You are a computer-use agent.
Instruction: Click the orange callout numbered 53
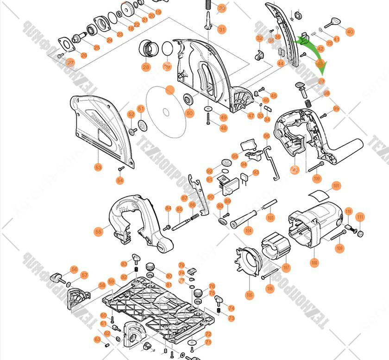coord(98,166)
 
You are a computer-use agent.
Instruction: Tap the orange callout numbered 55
coord(98,231)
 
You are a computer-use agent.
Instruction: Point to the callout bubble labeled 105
coord(250,295)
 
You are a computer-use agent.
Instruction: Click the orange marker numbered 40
coord(350,32)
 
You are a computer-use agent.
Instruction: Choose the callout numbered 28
coord(146,67)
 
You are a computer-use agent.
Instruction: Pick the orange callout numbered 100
coord(317,178)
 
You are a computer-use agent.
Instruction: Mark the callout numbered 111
coord(360,217)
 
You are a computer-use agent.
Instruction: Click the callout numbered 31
coord(222,30)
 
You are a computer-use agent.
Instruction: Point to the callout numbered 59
coord(111,281)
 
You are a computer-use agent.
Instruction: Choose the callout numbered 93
coord(256,173)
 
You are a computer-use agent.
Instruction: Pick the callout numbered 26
coord(84,56)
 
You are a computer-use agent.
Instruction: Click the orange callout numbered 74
coord(231,308)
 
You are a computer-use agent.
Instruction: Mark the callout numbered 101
coord(336,186)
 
